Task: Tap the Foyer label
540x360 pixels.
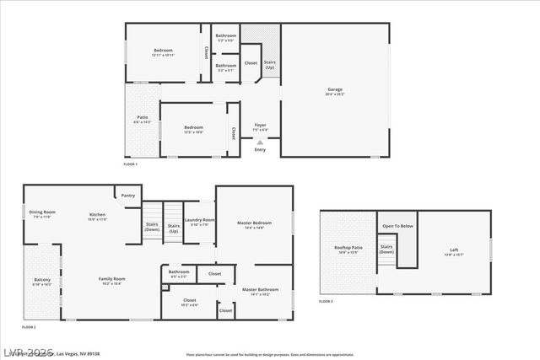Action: click(x=261, y=125)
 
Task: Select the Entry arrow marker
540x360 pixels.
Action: click(x=260, y=142)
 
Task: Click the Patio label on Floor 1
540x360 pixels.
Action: click(x=142, y=119)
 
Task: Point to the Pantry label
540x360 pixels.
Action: click(x=127, y=195)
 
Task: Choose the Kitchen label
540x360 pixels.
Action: click(x=98, y=215)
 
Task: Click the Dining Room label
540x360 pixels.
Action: click(x=42, y=212)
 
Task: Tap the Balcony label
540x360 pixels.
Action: click(x=42, y=280)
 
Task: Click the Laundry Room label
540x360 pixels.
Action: click(x=199, y=221)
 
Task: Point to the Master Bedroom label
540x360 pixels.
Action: click(x=254, y=224)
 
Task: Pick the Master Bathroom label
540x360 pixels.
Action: click(x=255, y=291)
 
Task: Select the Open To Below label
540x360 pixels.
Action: click(x=397, y=226)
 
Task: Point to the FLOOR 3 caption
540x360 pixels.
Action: click(x=326, y=301)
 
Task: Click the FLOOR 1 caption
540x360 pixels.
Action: click(x=131, y=164)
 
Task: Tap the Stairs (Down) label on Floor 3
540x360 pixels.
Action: click(x=386, y=249)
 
